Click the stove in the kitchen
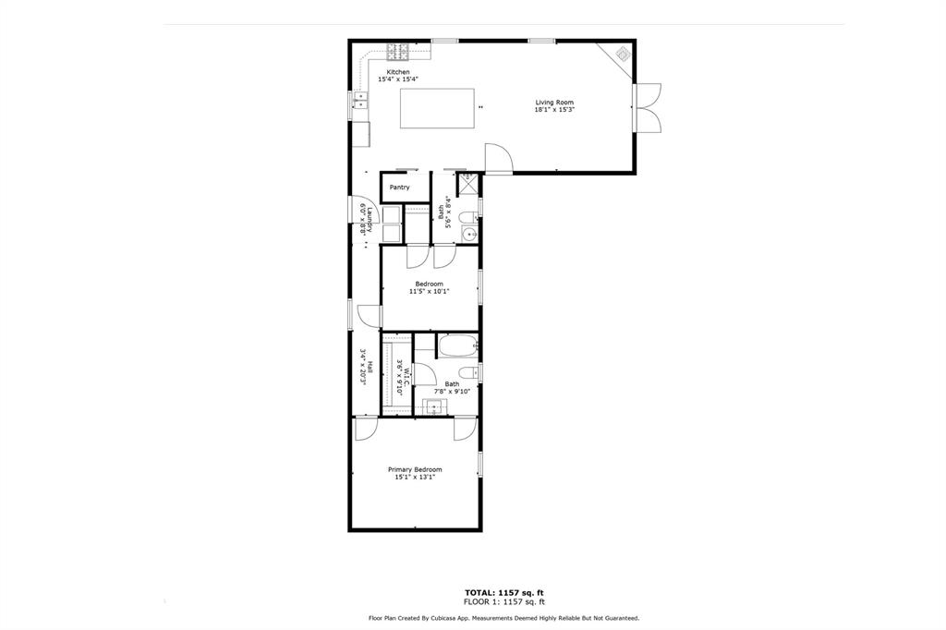coord(398,51)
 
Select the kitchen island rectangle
coord(437,108)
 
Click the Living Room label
coord(554,103)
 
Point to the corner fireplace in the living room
coord(621,55)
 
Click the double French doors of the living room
coord(647,109)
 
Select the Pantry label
coord(399,188)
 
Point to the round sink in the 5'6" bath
coord(468,233)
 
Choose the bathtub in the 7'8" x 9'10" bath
coord(456,348)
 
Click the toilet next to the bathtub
coord(470,372)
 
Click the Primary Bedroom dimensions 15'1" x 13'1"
coord(415,478)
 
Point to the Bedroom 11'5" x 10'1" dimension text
coord(429,291)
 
